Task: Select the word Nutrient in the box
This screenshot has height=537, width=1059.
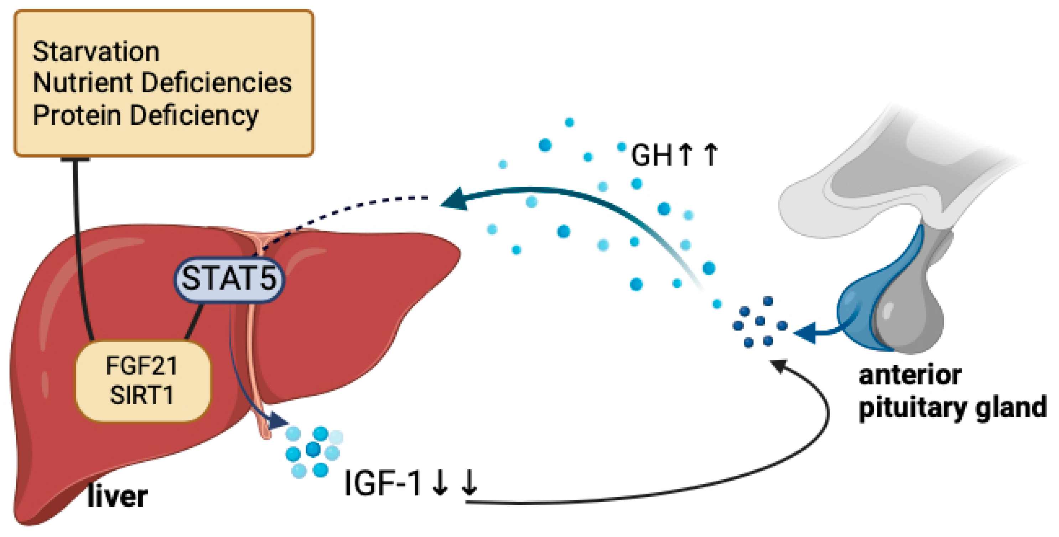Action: click(x=80, y=82)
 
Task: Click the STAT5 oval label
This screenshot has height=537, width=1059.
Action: click(x=229, y=278)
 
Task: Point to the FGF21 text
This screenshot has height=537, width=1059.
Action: click(x=141, y=365)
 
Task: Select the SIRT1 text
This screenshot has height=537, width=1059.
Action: click(x=141, y=395)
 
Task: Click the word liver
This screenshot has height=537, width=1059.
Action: click(x=117, y=496)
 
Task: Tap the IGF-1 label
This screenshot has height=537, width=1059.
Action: click(x=382, y=483)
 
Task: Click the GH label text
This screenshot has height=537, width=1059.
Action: click(x=652, y=155)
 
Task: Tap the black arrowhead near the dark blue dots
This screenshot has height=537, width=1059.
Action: click(x=778, y=365)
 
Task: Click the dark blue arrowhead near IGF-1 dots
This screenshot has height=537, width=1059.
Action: click(x=278, y=422)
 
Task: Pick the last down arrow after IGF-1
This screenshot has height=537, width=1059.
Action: click(x=469, y=483)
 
